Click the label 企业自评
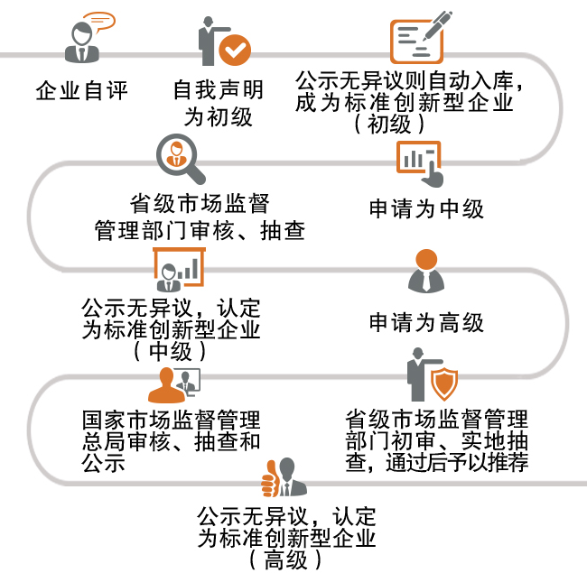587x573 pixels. [82, 90]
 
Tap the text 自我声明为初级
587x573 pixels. [218, 104]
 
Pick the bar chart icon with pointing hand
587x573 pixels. [419, 163]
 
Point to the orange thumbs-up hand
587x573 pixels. [270, 479]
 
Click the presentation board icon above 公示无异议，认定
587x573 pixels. [178, 267]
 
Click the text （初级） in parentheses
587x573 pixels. [403, 125]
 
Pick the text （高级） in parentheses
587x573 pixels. [286, 559]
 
